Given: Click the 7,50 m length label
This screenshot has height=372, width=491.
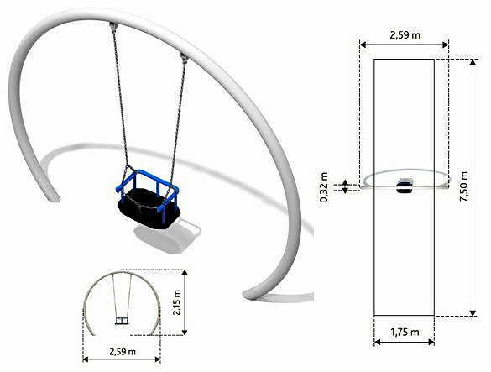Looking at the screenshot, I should pyautogui.click(x=476, y=188).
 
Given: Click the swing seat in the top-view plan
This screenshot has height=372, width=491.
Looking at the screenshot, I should pyautogui.click(x=405, y=186).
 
